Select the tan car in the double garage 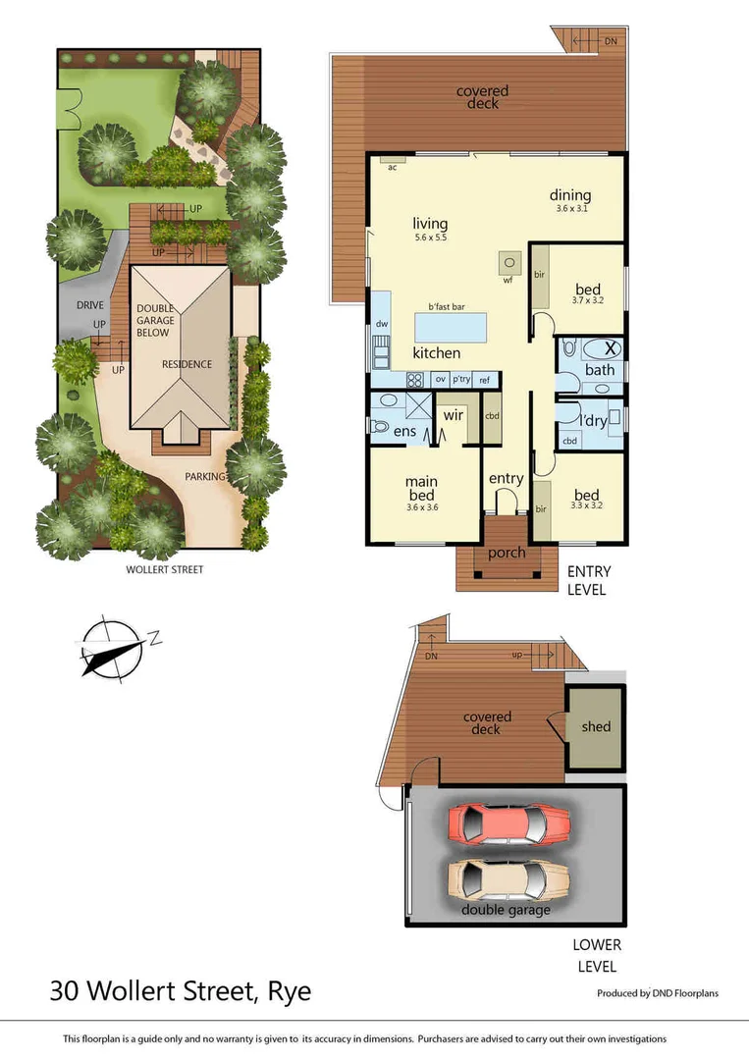point(510,879)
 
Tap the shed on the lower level point(595,727)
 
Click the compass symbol point(113,648)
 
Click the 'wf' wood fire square point(508,262)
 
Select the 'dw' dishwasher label point(381,324)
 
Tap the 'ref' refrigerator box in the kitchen point(484,380)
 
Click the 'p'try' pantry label point(461,380)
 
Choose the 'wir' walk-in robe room point(453,416)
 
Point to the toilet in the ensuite point(381,427)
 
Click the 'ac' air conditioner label point(392,167)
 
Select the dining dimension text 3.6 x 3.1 point(573,209)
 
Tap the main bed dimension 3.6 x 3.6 point(421,507)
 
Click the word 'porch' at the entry point(507,553)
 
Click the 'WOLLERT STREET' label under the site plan point(165,569)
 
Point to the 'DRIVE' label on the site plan point(90,305)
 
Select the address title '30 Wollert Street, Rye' point(180,991)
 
